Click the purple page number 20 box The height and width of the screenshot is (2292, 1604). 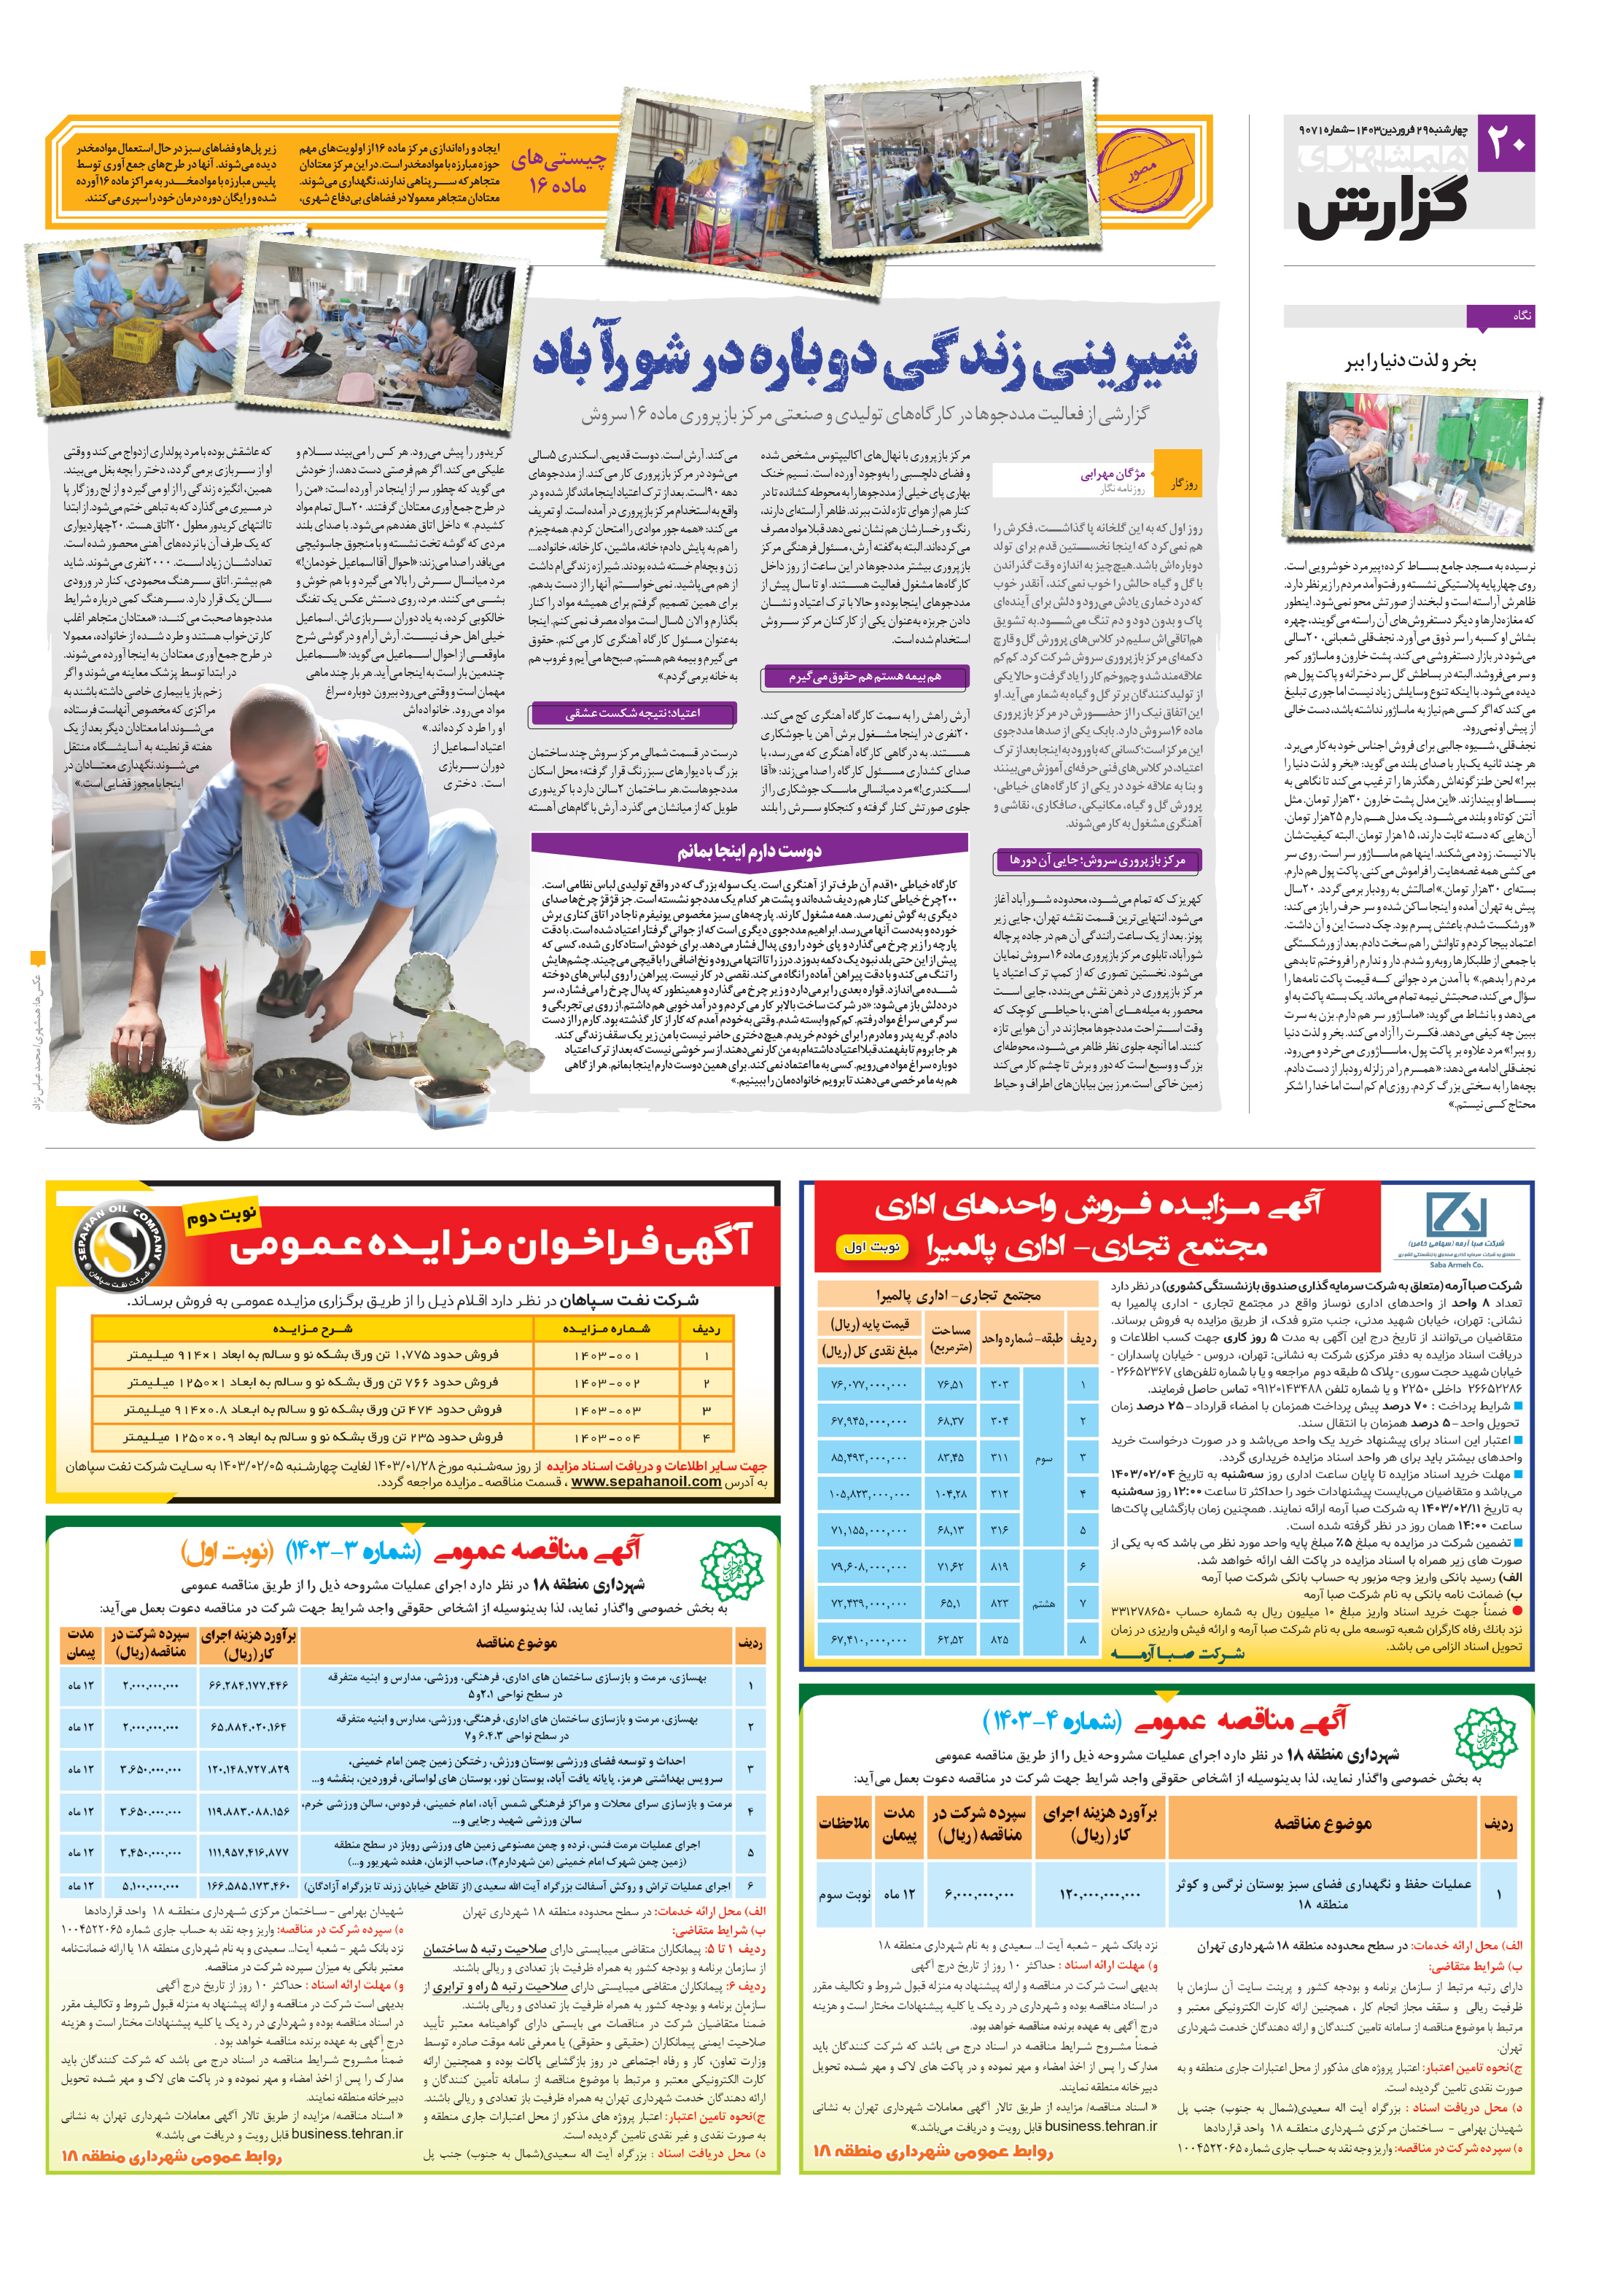(x=1505, y=144)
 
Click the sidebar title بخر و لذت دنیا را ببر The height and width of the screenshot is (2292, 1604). (x=1409, y=362)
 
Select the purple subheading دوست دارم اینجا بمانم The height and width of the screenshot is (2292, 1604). (x=749, y=852)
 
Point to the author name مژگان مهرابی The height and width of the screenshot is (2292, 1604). (x=1111, y=474)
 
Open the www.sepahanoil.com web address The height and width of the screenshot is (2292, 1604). (x=646, y=1481)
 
